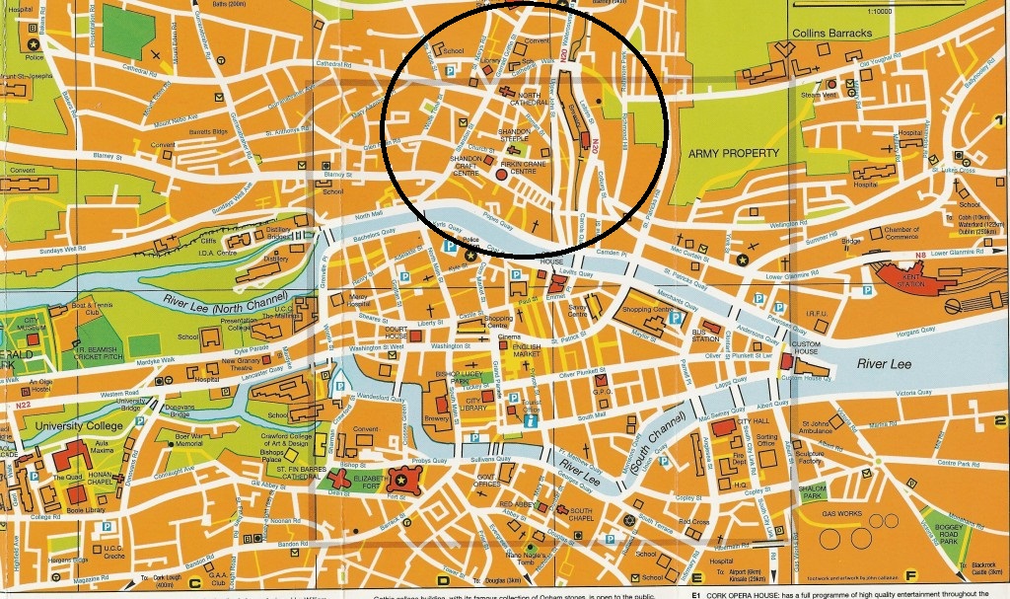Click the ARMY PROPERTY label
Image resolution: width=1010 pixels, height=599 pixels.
[736, 153]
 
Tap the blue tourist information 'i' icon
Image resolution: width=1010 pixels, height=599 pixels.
[530, 422]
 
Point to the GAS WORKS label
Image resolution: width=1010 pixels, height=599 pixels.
[841, 514]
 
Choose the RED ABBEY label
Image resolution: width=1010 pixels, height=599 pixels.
[516, 504]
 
